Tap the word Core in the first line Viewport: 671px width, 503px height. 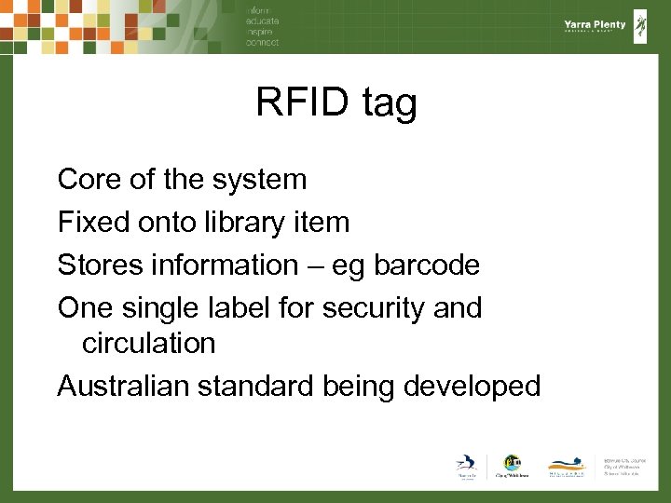click(x=89, y=179)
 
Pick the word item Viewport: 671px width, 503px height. click(x=322, y=222)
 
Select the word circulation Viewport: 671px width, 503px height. click(x=148, y=343)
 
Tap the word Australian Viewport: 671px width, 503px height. click(x=123, y=386)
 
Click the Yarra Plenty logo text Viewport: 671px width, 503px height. click(x=595, y=26)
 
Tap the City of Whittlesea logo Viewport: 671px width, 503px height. click(x=512, y=467)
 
